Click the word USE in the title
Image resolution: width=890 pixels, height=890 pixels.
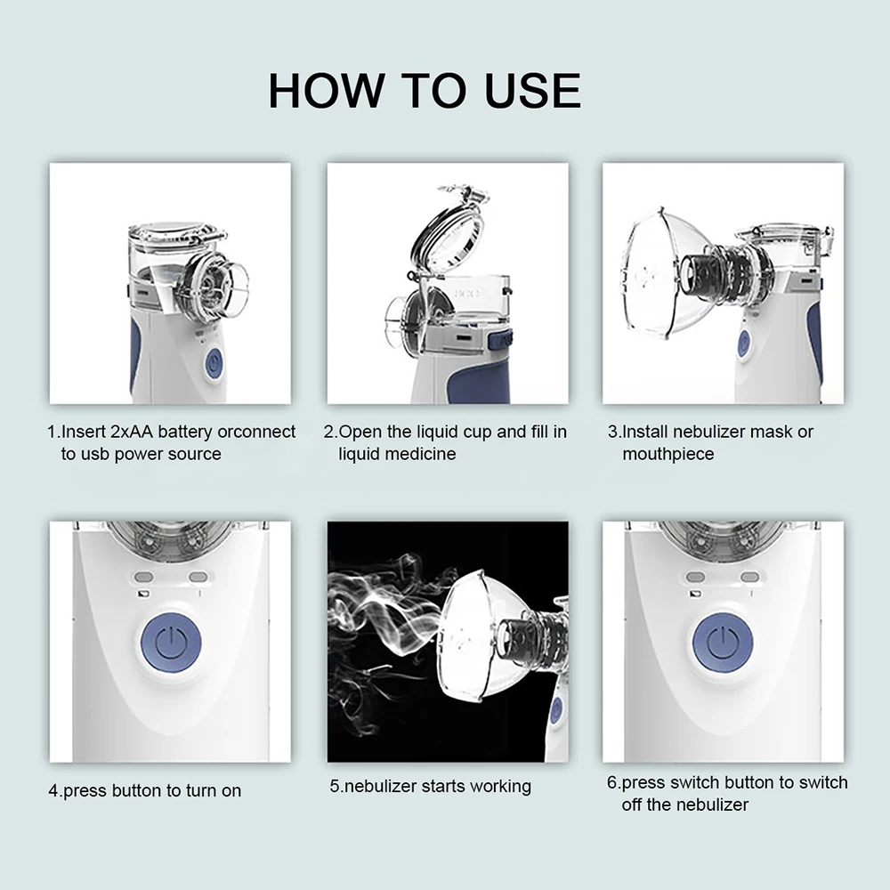point(532,91)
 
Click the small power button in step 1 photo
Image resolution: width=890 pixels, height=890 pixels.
point(213,364)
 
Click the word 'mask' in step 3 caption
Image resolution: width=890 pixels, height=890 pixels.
point(771,433)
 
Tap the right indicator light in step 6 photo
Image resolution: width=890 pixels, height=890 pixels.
point(750,577)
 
